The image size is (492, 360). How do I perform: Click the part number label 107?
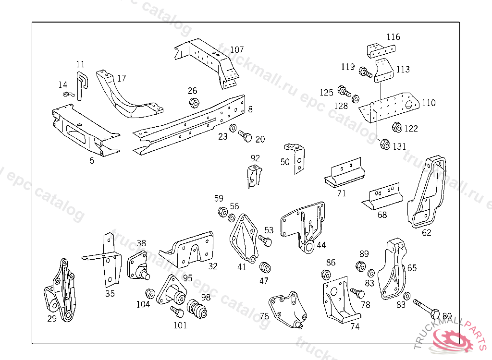coord(236,49)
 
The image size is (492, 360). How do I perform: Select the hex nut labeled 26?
coord(194,102)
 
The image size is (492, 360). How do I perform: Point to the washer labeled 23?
coord(233,129)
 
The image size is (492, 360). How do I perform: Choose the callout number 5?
coord(92,161)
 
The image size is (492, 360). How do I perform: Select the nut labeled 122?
coord(397,128)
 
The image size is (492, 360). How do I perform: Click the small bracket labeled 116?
coord(381,50)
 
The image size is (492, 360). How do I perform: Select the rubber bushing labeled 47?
coord(264,267)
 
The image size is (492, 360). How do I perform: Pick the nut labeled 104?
coord(149,293)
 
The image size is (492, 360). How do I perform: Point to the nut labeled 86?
coord(325,276)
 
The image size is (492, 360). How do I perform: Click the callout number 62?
coord(427,233)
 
